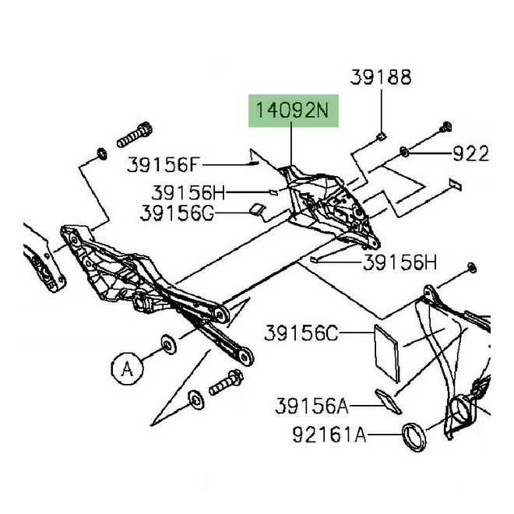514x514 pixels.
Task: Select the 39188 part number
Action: pyautogui.click(x=380, y=77)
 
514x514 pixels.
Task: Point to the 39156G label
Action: pyautogui.click(x=177, y=212)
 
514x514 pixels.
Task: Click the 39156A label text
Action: pyautogui.click(x=311, y=406)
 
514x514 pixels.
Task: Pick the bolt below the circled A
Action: pyautogui.click(x=224, y=384)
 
